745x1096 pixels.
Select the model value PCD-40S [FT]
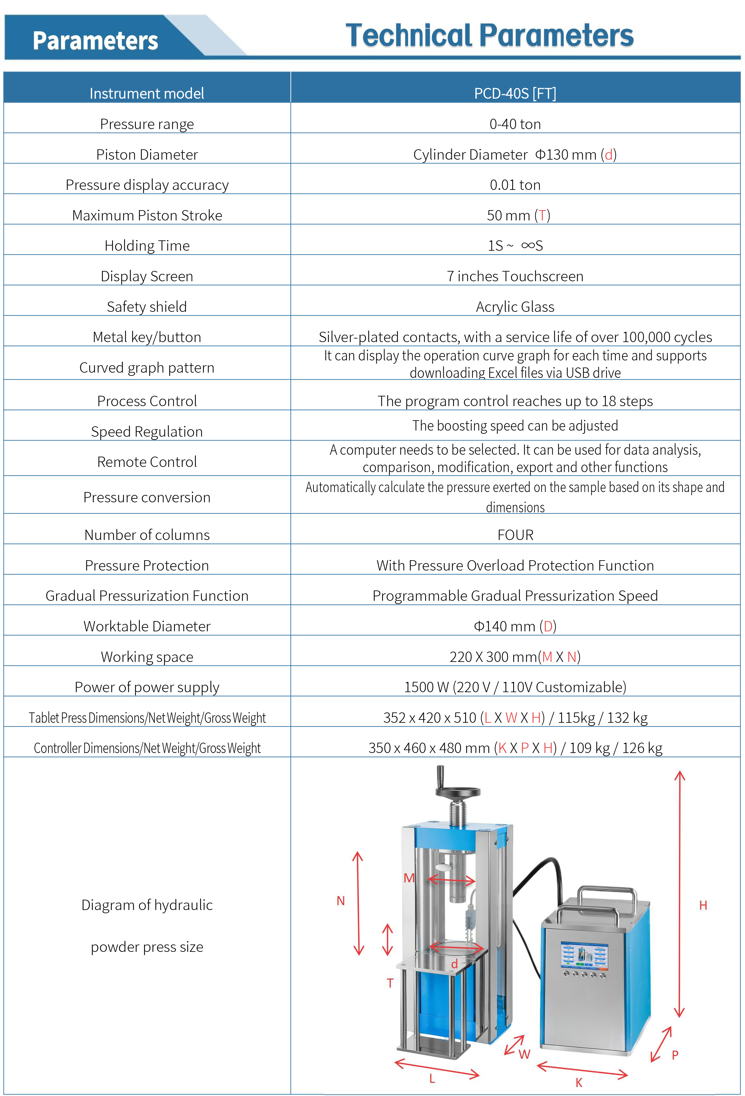tap(515, 93)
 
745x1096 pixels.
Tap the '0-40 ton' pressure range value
tap(515, 124)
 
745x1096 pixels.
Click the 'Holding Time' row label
tap(147, 246)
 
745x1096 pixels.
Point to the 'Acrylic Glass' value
tap(515, 307)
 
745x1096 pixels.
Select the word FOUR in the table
tap(515, 535)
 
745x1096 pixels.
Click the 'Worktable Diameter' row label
tap(147, 626)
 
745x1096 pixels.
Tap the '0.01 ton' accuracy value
tap(515, 185)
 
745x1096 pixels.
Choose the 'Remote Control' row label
tap(147, 462)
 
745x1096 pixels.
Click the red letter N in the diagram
tap(340, 901)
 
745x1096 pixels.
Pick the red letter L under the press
tap(432, 1078)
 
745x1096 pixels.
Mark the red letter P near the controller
tap(675, 1054)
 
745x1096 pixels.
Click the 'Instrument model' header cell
tap(147, 93)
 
